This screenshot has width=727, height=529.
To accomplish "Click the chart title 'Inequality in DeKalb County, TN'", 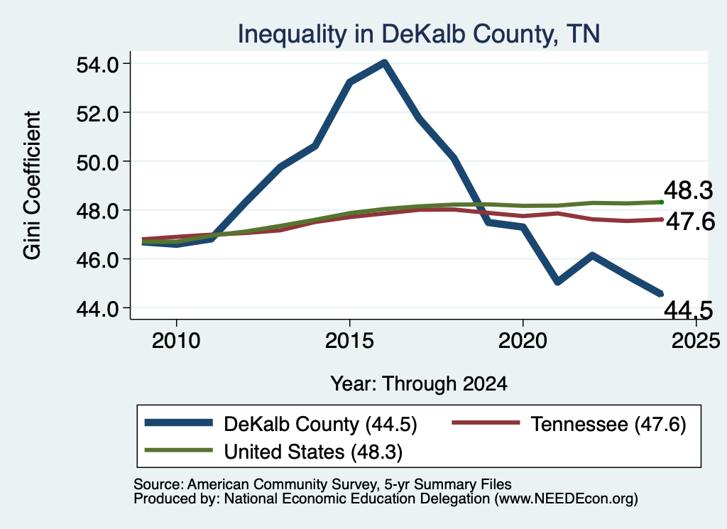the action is [419, 34].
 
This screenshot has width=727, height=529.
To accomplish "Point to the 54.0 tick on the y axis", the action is [97, 65].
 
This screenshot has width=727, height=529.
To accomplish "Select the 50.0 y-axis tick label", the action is [97, 163].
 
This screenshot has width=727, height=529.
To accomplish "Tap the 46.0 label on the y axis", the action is [97, 260].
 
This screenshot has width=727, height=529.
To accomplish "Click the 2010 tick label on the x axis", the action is [176, 342].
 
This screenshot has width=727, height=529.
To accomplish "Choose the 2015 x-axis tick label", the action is [349, 342].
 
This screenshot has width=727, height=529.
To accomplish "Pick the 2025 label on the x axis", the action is [696, 342].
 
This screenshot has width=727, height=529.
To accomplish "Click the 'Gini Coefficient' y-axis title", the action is [33, 185].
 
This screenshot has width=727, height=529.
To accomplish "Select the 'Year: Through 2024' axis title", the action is [419, 384].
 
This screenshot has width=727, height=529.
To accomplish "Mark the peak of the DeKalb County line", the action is [384, 62].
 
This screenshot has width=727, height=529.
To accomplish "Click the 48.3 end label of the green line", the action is [688, 190].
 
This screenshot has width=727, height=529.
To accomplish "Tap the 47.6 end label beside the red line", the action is [690, 222].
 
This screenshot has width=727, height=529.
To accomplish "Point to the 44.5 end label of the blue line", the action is [688, 310].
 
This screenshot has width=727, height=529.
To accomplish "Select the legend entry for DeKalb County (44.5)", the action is [281, 424].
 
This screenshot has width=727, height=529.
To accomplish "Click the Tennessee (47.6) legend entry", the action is [569, 424].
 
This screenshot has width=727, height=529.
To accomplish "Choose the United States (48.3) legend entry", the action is [273, 452].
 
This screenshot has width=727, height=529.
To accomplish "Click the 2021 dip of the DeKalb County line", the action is [557, 281].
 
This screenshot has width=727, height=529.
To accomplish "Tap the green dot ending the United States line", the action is [662, 202].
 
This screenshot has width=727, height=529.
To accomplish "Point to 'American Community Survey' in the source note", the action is [283, 484].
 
